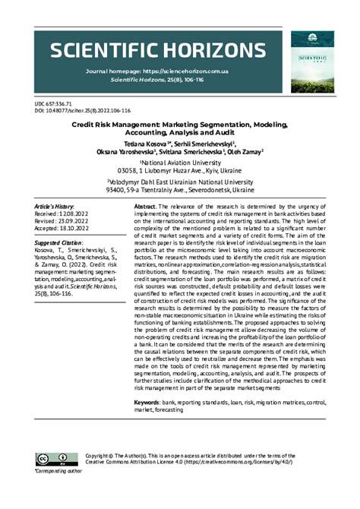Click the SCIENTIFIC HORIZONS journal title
[153, 51]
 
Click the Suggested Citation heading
[62, 243]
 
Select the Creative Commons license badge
[46, 458]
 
